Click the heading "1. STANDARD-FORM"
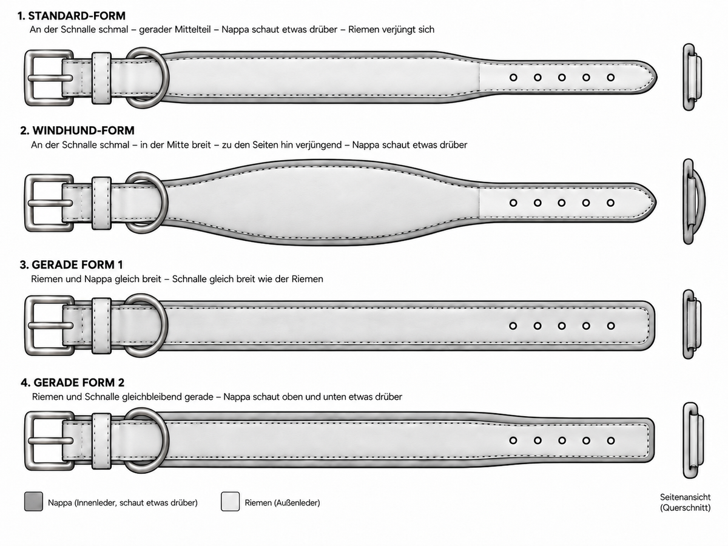pyautogui.click(x=72, y=16)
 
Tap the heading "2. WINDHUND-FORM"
pyautogui.click(x=77, y=130)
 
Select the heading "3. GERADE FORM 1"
pyautogui.click(x=72, y=265)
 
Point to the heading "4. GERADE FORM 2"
pyautogui.click(x=72, y=383)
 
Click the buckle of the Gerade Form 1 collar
pyautogui.click(x=49, y=326)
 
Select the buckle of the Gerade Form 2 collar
pyautogui.click(x=49, y=441)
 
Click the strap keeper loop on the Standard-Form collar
pyautogui.click(x=101, y=78)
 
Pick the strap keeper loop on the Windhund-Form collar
pyautogui.click(x=101, y=203)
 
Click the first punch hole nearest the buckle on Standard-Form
pyautogui.click(x=513, y=78)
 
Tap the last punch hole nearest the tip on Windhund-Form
pyautogui.click(x=610, y=203)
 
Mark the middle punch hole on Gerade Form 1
pyautogui.click(x=562, y=326)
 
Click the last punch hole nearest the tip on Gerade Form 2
pyautogui.click(x=611, y=440)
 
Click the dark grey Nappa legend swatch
pyautogui.click(x=33, y=501)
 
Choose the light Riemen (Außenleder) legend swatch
pyautogui.click(x=230, y=501)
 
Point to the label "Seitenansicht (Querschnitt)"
pyautogui.click(x=685, y=502)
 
